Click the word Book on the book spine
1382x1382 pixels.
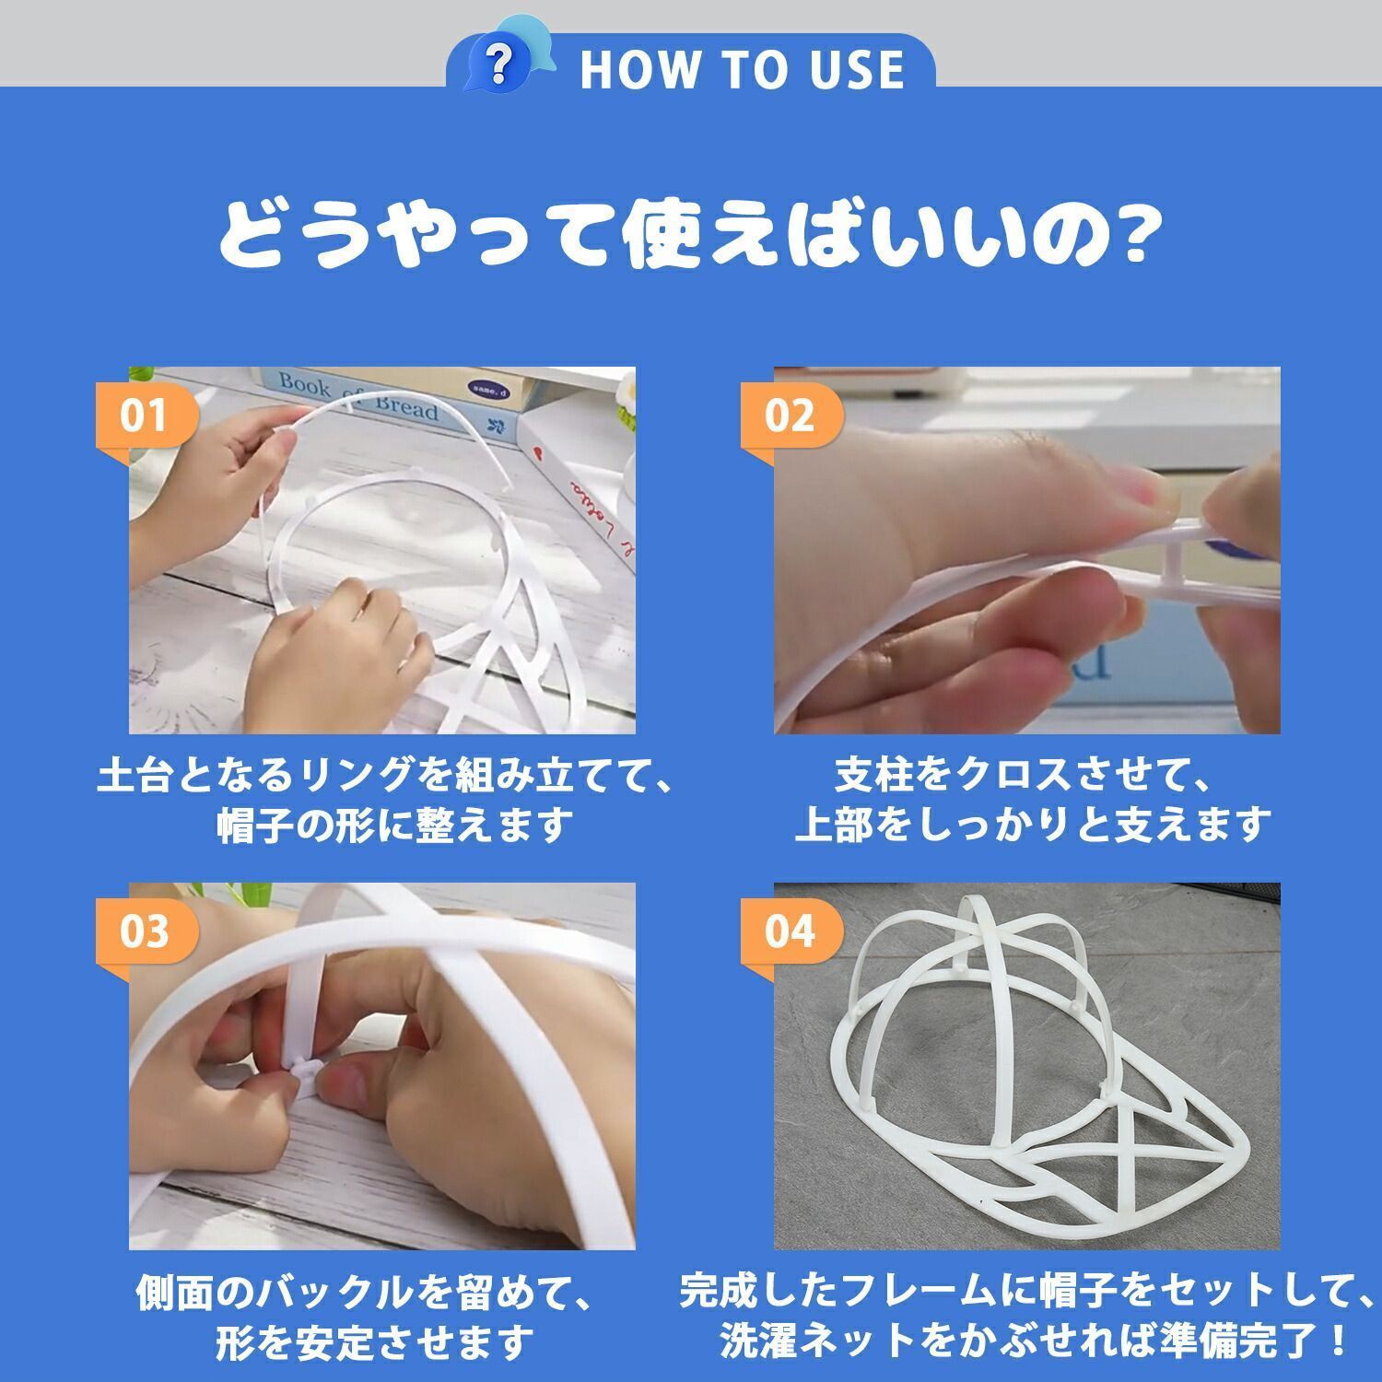point(304,384)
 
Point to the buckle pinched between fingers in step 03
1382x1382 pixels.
point(304,1071)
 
